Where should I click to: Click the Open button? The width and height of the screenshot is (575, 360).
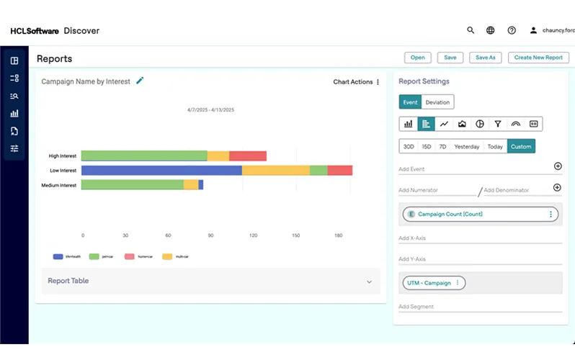tap(418, 58)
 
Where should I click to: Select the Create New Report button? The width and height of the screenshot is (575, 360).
tap(538, 58)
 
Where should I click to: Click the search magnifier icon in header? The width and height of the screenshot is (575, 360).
tap(471, 30)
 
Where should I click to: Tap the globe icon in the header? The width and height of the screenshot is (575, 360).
tap(491, 30)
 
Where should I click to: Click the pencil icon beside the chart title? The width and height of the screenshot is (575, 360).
tap(140, 81)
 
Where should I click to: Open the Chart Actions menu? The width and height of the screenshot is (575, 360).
tap(357, 82)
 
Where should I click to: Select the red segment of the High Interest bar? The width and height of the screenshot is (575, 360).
tap(248, 156)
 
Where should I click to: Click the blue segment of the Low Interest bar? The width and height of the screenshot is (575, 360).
tap(161, 171)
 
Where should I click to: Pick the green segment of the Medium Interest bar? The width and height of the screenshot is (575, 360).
tap(132, 185)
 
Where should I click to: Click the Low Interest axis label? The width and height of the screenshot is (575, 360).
tap(63, 171)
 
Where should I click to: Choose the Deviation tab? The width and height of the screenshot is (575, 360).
tap(437, 102)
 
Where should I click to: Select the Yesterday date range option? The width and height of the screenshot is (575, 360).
tap(467, 146)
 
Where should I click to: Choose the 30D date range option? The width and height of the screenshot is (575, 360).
tap(409, 146)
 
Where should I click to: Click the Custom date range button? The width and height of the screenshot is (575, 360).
tap(521, 146)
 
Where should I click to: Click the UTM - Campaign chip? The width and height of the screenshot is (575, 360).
tap(430, 283)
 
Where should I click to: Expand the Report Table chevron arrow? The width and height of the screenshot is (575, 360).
tap(370, 282)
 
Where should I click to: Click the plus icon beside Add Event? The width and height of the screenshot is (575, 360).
tap(557, 166)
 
